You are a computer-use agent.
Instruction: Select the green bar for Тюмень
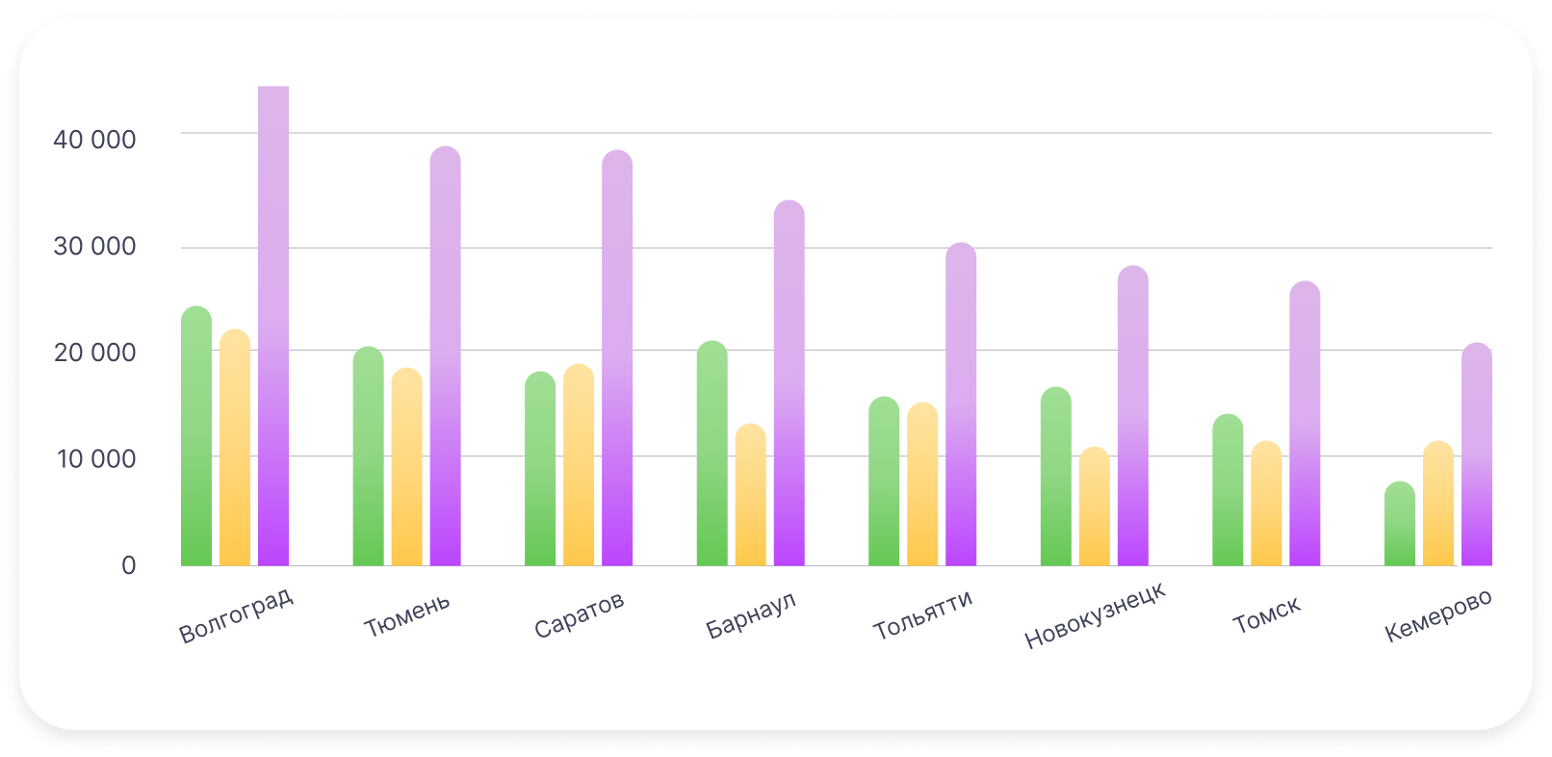(368, 457)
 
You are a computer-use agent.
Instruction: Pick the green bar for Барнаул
(712, 454)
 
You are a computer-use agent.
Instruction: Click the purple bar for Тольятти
(961, 405)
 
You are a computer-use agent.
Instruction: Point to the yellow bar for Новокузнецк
(1095, 507)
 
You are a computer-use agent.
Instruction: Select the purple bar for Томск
(1305, 424)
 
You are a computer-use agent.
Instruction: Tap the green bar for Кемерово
(1400, 524)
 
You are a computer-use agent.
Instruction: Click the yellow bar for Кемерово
(1438, 504)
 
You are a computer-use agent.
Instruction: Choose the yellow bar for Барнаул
(751, 495)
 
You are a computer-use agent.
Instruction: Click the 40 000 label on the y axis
(94, 140)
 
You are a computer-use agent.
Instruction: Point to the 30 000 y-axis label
(94, 247)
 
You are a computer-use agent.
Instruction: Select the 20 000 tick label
(94, 352)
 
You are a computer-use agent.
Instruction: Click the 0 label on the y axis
(128, 565)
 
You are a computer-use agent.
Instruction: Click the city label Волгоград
(236, 616)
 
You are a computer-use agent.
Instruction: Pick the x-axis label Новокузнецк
(1095, 616)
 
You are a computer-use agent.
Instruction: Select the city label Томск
(1267, 614)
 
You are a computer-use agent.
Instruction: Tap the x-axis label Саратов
(580, 615)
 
